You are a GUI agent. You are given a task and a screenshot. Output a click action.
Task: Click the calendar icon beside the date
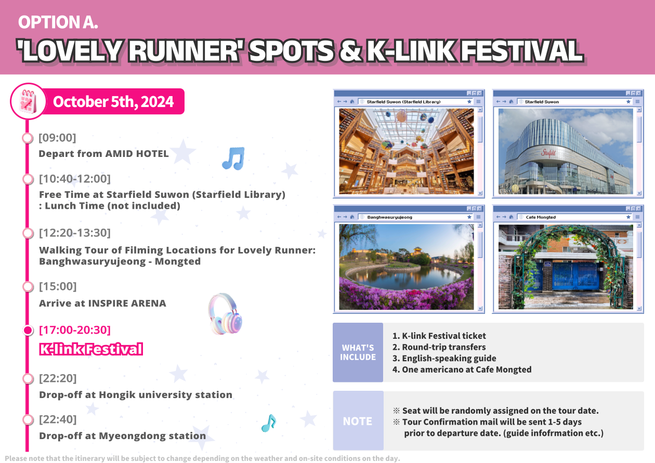click(29, 101)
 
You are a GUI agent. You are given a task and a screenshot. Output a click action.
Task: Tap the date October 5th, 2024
click(113, 102)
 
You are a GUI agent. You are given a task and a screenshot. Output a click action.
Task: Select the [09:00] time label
click(57, 138)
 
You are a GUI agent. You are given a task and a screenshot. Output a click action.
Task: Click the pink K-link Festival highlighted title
click(91, 349)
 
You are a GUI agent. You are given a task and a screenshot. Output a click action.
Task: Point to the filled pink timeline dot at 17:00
click(28, 330)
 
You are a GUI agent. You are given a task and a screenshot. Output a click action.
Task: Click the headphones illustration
click(225, 314)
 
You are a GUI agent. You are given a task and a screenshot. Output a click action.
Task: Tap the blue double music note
click(233, 158)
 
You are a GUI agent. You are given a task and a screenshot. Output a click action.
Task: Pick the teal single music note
click(269, 423)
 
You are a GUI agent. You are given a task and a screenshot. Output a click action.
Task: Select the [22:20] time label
click(58, 378)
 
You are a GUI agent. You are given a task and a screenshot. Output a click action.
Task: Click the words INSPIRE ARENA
click(127, 303)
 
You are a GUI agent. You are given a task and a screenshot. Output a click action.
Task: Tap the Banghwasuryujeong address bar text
click(389, 217)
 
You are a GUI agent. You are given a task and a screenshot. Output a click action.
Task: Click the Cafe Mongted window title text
click(541, 217)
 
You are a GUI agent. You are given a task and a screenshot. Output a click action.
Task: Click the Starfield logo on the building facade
click(548, 153)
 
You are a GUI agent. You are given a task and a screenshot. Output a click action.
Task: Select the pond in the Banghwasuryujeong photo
click(404, 276)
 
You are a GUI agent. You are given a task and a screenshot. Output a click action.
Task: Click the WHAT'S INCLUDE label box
click(358, 352)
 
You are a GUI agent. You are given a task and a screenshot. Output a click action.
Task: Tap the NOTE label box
click(358, 420)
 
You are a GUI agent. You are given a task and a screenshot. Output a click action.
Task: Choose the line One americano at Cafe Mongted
click(462, 369)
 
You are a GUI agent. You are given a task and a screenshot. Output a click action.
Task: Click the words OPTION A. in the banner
click(58, 22)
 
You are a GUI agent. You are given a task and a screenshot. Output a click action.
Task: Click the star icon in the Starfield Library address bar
click(469, 102)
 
